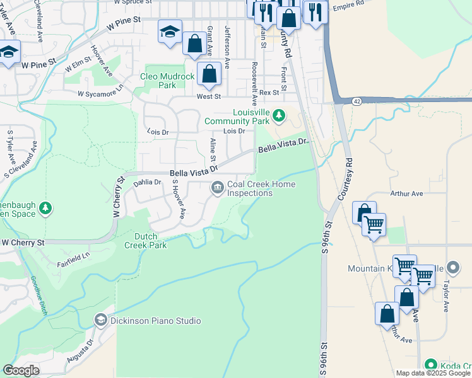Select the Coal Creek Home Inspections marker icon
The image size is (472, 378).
(218, 187)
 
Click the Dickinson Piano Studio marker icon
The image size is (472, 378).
(100, 321)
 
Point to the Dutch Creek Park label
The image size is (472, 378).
(146, 241)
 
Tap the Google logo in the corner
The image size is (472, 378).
(21, 370)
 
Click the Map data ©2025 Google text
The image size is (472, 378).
(434, 373)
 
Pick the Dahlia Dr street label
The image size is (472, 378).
(148, 182)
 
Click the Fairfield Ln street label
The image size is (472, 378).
(74, 257)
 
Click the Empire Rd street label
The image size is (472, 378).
(348, 4)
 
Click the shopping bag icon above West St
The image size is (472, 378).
(209, 74)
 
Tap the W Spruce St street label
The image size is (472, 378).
(134, 3)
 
